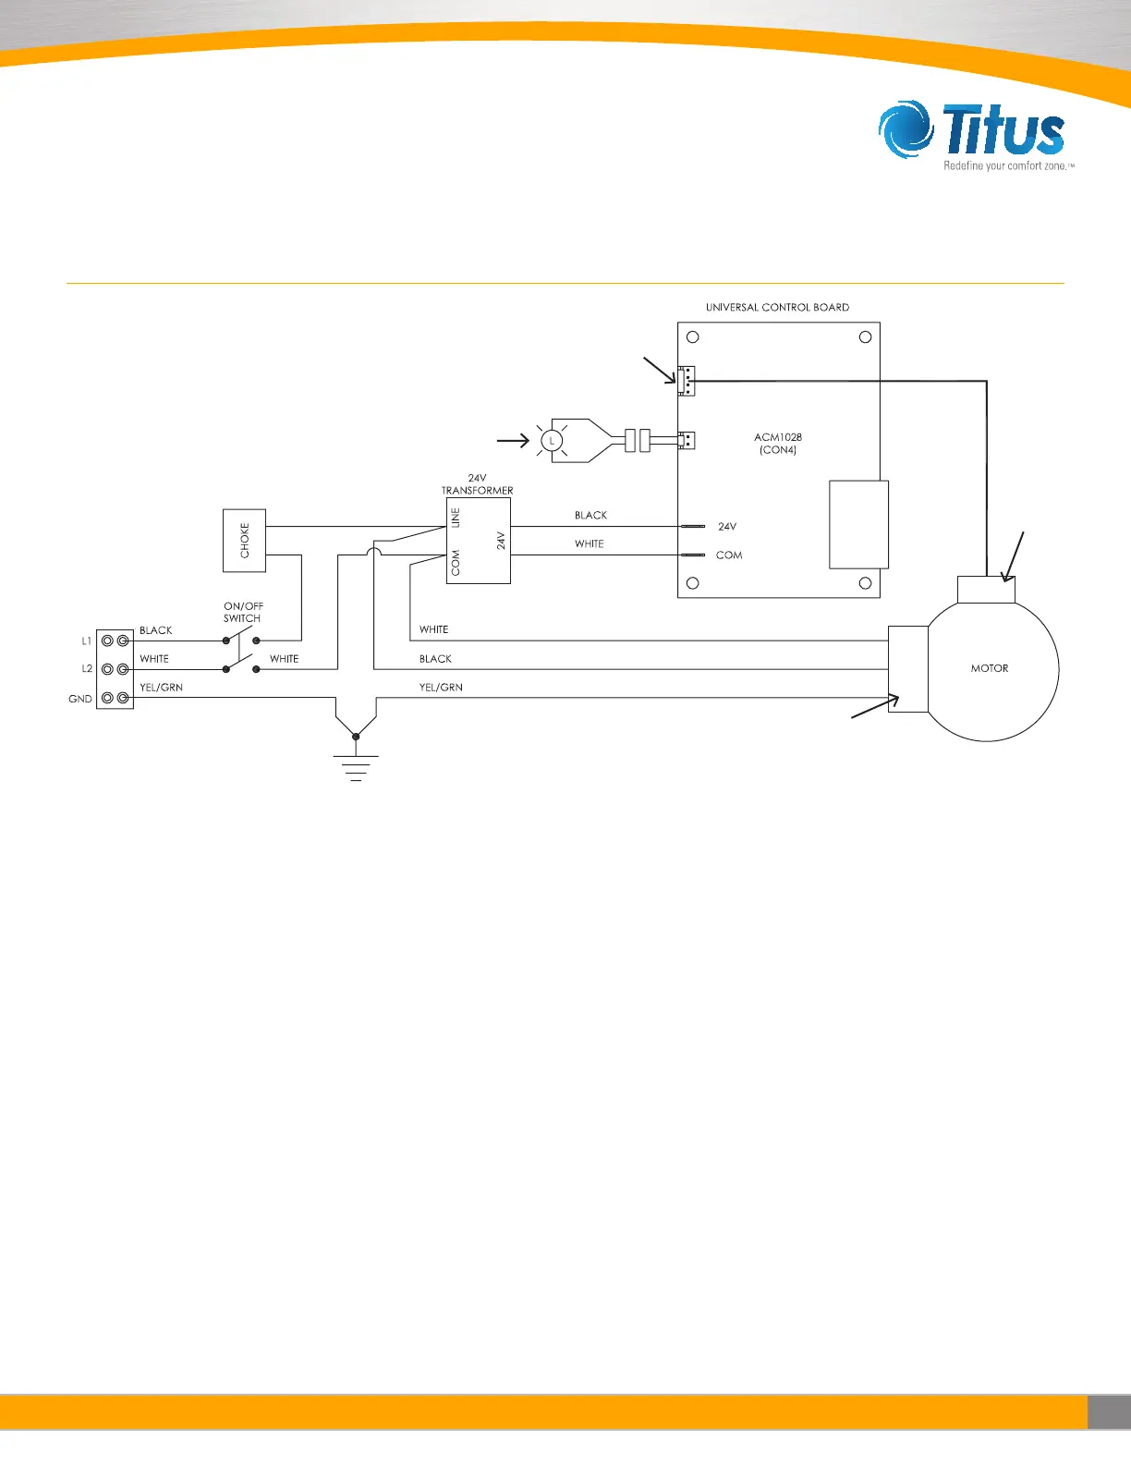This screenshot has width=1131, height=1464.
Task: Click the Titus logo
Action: coord(975,135)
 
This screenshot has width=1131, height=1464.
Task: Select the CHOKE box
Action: coord(244,541)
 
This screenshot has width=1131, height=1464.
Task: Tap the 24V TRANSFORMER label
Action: coord(477,484)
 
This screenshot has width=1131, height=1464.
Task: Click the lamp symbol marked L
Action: coord(552,441)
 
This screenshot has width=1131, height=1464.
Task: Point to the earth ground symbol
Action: coord(356,765)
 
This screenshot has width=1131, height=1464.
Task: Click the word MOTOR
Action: coord(989,668)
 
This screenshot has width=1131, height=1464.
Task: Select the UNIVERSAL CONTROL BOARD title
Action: coord(777,307)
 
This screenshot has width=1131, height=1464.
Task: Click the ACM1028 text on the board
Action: coord(778,437)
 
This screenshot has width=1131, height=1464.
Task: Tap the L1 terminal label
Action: coord(87,640)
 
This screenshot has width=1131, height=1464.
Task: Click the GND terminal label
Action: coord(80,699)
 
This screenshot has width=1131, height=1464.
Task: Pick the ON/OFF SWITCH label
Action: coord(243,613)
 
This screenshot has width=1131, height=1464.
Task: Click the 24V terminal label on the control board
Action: coord(727,527)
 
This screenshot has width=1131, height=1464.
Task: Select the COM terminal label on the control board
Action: coord(729,555)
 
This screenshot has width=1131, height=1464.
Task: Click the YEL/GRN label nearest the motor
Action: coord(441,688)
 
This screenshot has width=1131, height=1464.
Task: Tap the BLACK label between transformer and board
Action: coord(590,516)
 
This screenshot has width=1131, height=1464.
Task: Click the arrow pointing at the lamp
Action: coord(513,441)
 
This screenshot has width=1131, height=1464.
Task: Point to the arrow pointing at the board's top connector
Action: coord(660,372)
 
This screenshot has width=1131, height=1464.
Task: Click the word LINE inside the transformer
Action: coord(456,518)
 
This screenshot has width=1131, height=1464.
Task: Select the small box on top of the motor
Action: coord(987,590)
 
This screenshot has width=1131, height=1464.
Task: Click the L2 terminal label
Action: coord(87,669)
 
